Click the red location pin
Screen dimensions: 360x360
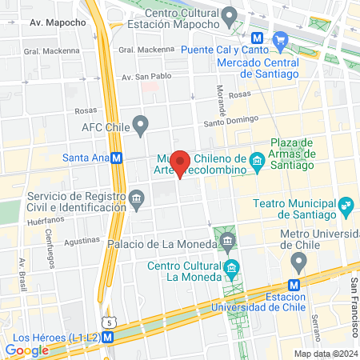[181, 163]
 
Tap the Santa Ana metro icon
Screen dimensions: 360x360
[118, 158]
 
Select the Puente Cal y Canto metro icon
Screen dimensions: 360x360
[258, 38]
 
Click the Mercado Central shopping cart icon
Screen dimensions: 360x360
[280, 38]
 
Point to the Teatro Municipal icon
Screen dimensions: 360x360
[346, 205]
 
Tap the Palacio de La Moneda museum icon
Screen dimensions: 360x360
[228, 241]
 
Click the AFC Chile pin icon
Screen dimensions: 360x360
[141, 124]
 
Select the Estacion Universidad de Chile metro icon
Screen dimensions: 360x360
[294, 284]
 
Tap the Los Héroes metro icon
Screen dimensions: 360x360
[107, 337]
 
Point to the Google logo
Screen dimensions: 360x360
[27, 350]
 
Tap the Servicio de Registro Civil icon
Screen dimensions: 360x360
[136, 197]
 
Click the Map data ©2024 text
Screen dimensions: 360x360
[325, 354]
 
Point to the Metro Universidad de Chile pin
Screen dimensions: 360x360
[299, 260]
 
